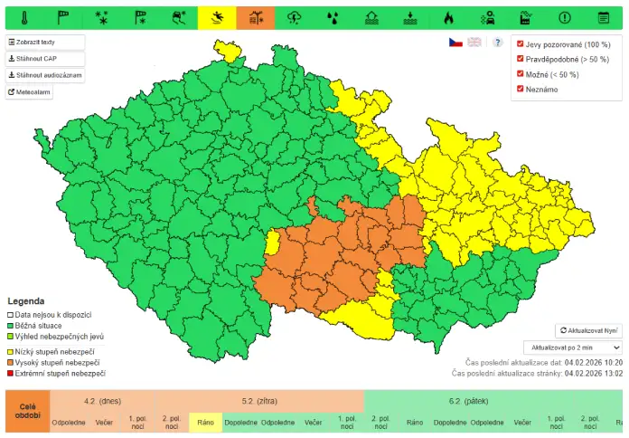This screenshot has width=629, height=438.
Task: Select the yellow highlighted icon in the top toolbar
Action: click(x=217, y=16)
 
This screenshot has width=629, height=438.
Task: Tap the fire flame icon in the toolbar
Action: click(x=449, y=16)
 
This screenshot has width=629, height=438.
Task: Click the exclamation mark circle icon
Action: click(x=565, y=16)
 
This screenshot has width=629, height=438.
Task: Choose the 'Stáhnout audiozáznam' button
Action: click(x=45, y=75)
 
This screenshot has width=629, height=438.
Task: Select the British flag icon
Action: click(x=474, y=43)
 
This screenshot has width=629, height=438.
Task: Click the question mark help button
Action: click(x=497, y=43)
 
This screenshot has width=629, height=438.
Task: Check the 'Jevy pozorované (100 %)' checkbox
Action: click(x=520, y=43)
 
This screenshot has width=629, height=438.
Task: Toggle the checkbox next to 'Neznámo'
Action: click(x=520, y=89)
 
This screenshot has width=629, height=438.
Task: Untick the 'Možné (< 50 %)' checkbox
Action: click(x=520, y=73)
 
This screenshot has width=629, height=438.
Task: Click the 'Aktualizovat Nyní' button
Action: click(x=588, y=331)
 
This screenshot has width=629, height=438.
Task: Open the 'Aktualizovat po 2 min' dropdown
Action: click(x=573, y=348)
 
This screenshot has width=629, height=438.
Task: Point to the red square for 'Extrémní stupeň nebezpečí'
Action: click(x=11, y=373)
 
